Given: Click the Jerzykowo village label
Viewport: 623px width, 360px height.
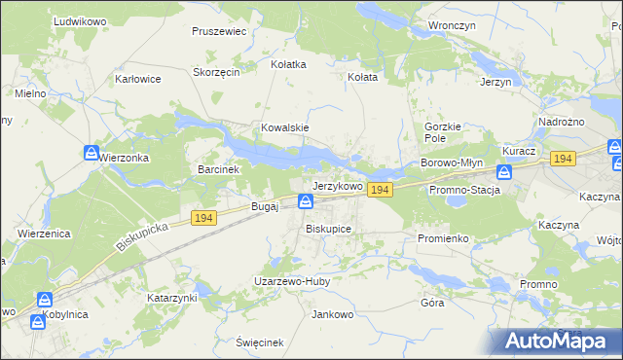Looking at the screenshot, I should pyautogui.click(x=337, y=185).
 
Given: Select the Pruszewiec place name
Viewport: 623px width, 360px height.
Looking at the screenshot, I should pyautogui.click(x=220, y=31).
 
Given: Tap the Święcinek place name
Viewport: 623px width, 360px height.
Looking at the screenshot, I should pyautogui.click(x=259, y=342).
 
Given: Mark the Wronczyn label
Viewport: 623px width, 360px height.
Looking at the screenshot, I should pyautogui.click(x=453, y=27).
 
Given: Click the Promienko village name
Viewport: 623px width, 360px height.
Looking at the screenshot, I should pyautogui.click(x=443, y=237).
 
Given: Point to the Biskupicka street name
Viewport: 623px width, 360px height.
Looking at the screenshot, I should pyautogui.click(x=142, y=235).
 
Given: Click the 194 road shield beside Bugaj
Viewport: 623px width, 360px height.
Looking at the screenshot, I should pyautogui.click(x=202, y=219).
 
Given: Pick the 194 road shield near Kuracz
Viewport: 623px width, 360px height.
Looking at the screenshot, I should pyautogui.click(x=561, y=158).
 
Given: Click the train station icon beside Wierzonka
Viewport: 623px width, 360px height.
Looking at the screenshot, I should pyautogui.click(x=91, y=154).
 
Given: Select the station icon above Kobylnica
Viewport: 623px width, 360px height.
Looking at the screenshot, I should pyautogui.click(x=44, y=300).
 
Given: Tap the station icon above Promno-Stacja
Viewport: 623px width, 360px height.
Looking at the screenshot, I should pyautogui.click(x=504, y=172).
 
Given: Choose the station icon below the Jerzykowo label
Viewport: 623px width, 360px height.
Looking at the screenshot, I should pyautogui.click(x=305, y=201).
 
